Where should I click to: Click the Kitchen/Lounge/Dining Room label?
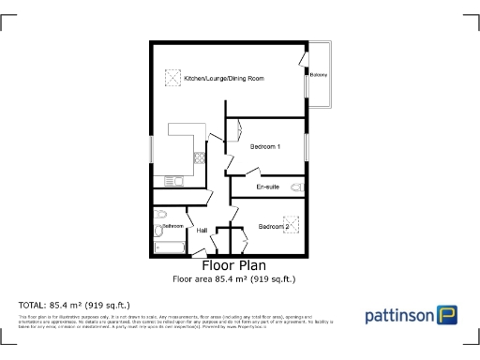[x=223, y=79]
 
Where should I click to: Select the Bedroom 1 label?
[x=266, y=146]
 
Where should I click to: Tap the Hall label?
[x=201, y=230]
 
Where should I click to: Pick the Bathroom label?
[x=172, y=226]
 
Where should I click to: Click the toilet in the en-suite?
[x=297, y=188]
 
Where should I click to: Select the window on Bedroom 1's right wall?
[x=306, y=153]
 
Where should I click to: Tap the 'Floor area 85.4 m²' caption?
[x=233, y=278]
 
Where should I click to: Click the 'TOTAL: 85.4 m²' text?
[x=75, y=305]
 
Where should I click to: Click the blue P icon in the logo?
[x=447, y=315]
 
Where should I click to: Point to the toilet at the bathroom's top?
[x=159, y=212]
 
